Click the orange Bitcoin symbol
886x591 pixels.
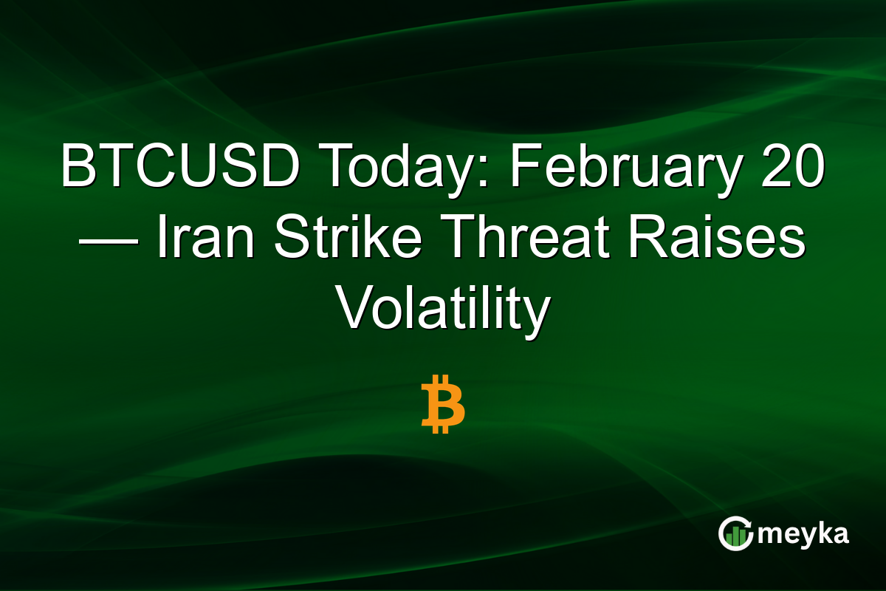point(443,404)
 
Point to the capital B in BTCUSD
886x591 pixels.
point(75,168)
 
